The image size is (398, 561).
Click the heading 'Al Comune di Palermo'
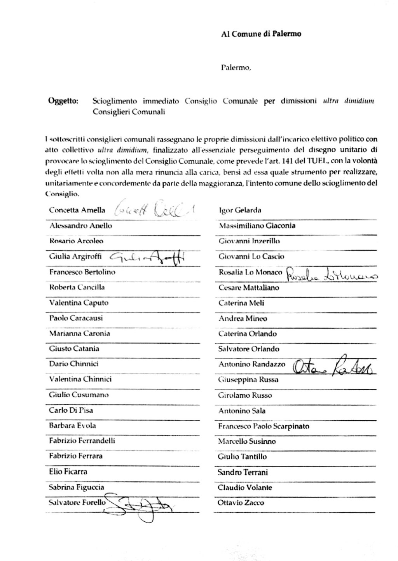tap(261, 34)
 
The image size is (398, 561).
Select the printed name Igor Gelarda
tap(240, 210)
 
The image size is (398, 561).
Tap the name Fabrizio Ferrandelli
tap(82, 441)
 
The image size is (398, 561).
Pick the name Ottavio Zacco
tap(241, 503)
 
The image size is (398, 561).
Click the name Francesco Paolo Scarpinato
tap(264, 426)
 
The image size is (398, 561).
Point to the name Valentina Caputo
tap(79, 303)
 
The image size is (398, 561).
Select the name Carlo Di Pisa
tap(71, 410)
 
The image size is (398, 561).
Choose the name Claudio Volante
tap(245, 488)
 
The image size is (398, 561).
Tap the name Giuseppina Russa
tap(248, 380)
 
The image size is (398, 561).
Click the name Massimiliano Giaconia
tap(257, 225)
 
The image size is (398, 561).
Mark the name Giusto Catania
tap(74, 349)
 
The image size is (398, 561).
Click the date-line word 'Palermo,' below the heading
tap(236, 68)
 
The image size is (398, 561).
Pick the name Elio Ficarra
tap(68, 472)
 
